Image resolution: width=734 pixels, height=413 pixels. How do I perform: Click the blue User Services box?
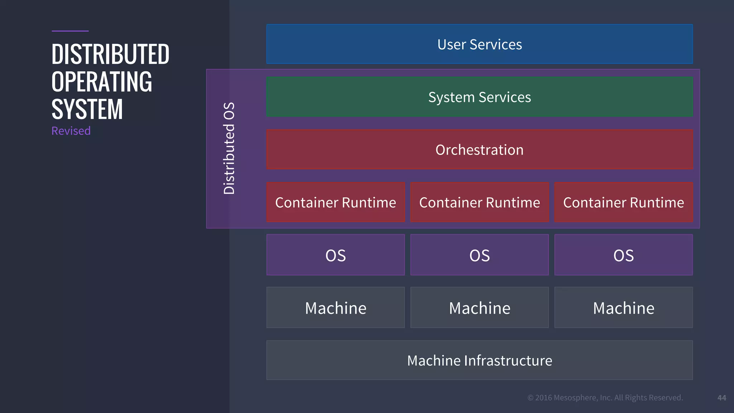(479, 44)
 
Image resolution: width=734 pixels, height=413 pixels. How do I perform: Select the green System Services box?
(479, 97)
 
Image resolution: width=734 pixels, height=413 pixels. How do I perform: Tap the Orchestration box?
(479, 149)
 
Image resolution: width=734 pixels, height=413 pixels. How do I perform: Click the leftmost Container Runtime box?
(335, 202)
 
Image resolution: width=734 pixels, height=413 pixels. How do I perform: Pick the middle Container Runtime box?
(479, 202)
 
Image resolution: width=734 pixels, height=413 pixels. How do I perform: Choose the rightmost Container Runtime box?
(623, 202)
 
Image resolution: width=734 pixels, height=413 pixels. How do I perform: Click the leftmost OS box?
(335, 255)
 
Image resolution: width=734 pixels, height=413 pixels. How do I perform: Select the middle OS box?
(479, 255)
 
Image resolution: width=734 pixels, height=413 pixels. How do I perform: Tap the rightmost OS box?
(623, 255)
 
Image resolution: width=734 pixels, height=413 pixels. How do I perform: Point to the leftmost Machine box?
(335, 308)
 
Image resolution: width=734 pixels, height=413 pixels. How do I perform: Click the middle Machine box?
(479, 308)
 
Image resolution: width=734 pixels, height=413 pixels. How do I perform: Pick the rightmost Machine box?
(623, 308)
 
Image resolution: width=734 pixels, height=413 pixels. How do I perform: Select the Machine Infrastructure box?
(479, 360)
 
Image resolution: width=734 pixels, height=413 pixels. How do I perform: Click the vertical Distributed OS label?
(229, 148)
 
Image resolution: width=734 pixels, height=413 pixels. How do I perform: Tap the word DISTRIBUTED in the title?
(110, 54)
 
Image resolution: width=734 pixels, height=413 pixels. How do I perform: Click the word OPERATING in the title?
(102, 82)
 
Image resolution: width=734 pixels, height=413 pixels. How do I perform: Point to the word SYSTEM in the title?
(87, 109)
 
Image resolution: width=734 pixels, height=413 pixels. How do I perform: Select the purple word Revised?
(71, 131)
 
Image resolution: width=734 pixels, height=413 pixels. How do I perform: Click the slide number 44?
(721, 398)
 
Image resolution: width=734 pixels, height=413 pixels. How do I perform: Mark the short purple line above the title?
(70, 31)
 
